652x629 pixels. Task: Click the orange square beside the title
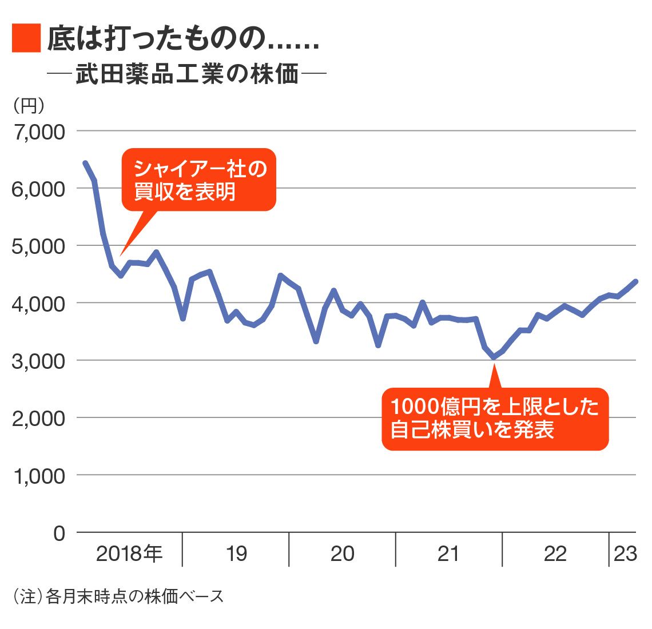[26, 38]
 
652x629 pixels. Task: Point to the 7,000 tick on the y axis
[39, 132]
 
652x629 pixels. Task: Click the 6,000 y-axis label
[39, 189]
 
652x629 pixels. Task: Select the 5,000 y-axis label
[39, 246]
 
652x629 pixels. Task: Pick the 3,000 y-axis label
[39, 361]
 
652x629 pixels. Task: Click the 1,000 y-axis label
[39, 476]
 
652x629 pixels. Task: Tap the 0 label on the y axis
[59, 534]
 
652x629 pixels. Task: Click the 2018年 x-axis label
[129, 554]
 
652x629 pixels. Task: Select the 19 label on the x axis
[236, 554]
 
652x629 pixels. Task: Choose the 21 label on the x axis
[448, 554]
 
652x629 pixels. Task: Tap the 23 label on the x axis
[625, 554]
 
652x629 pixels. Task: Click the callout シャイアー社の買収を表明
[199, 180]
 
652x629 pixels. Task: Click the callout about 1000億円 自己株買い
[495, 419]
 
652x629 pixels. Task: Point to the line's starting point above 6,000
[85, 164]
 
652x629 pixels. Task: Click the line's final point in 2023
[635, 281]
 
